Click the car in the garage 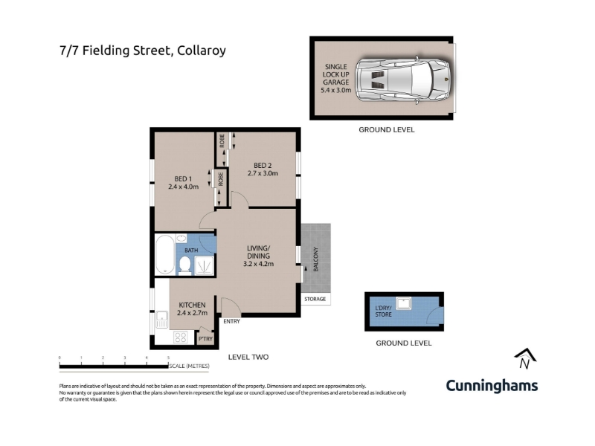(x=403, y=80)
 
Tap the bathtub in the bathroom (x=165, y=254)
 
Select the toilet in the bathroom (x=184, y=265)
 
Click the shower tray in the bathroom (x=204, y=265)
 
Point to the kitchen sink (x=161, y=320)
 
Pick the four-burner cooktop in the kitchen (x=180, y=337)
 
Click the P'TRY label (x=206, y=339)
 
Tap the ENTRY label (x=231, y=321)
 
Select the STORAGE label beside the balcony (x=315, y=299)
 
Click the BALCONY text (x=315, y=259)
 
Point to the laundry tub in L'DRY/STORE (x=403, y=303)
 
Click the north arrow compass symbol (x=525, y=358)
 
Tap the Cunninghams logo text (x=492, y=386)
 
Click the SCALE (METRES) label (x=189, y=366)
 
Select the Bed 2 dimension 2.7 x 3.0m (x=263, y=173)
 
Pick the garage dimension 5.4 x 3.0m (x=336, y=90)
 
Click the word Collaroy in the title (x=202, y=51)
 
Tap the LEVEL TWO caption (x=248, y=357)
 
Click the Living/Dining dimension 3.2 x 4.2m (x=258, y=264)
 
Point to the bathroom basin (x=181, y=239)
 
